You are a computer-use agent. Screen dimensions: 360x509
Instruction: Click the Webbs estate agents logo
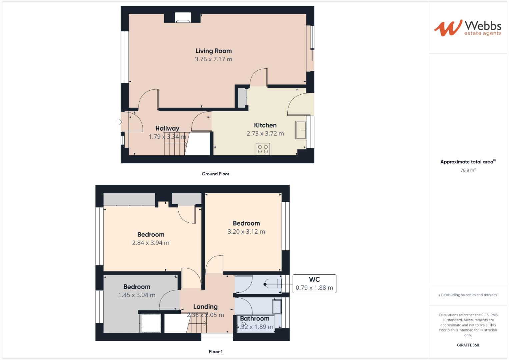tap(467, 28)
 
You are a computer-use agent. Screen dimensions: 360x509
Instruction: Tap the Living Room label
tap(213, 51)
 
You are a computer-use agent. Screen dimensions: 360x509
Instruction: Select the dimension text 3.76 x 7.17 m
tap(213, 59)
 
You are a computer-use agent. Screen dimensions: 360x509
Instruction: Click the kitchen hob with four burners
tap(263, 149)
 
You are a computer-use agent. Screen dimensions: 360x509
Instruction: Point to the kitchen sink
tap(301, 130)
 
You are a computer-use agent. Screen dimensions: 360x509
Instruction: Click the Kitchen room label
tap(265, 125)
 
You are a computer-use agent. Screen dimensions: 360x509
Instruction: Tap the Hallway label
tap(167, 128)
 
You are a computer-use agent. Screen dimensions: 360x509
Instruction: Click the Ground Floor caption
tap(215, 174)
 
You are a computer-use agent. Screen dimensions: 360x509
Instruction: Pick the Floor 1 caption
tap(215, 352)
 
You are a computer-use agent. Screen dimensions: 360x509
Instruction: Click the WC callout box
tap(314, 284)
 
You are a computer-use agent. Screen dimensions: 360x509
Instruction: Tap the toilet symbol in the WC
tap(273, 284)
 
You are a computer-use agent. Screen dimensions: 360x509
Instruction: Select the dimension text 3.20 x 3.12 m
tap(246, 232)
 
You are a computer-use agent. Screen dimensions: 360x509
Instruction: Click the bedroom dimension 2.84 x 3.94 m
tap(151, 243)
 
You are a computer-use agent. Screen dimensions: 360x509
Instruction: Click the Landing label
tap(205, 307)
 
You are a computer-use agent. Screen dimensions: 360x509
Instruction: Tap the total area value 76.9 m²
tap(468, 170)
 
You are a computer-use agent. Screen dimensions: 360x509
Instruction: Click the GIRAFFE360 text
tap(468, 345)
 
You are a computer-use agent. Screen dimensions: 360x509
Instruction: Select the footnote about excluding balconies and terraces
tap(468, 295)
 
